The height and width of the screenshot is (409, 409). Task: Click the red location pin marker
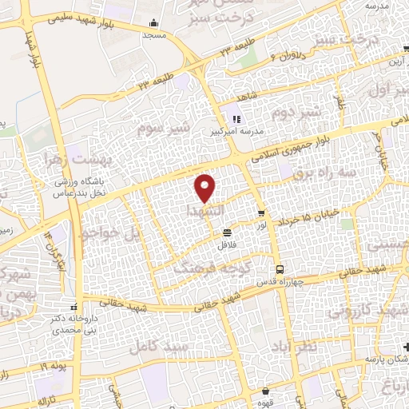pyautogui.click(x=205, y=188)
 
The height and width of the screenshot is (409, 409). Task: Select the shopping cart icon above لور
pyautogui.click(x=261, y=212)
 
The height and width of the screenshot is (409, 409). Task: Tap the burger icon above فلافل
pyautogui.click(x=228, y=232)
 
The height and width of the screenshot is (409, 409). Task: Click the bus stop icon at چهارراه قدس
pyautogui.click(x=279, y=268)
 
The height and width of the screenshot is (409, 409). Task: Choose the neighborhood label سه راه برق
pyautogui.click(x=328, y=173)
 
